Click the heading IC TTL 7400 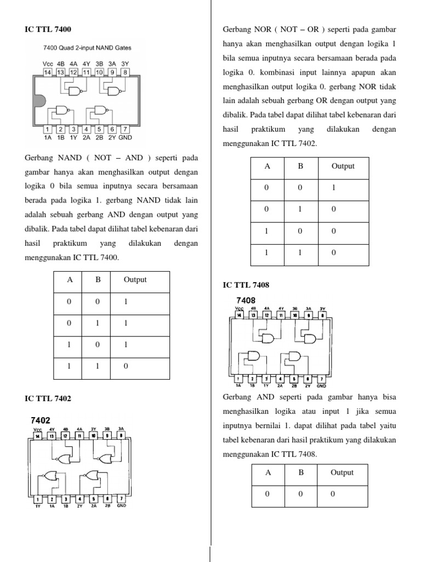coord(48,29)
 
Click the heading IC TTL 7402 coord(48,398)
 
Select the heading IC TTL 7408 coord(246,285)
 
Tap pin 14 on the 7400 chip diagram coord(48,72)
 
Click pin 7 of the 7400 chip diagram coord(125,130)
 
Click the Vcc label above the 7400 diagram coord(48,64)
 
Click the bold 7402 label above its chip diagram coord(41,420)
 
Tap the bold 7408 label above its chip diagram coord(246,301)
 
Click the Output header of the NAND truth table coord(135,279)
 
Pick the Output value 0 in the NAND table coord(126,366)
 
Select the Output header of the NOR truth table coord(343,166)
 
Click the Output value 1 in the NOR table coord(333,187)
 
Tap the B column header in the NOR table coord(300,166)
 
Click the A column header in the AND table coord(268,473)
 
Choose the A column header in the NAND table coord(70,279)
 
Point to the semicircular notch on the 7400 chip coord(38,101)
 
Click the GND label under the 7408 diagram coord(322,386)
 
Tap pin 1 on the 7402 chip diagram coord(38,499)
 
